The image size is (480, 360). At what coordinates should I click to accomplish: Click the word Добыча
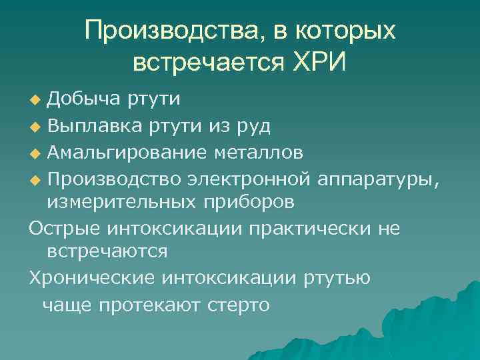(x=83, y=99)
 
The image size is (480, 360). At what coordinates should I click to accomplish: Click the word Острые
(x=61, y=229)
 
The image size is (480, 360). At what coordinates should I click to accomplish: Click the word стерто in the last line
(x=239, y=305)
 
